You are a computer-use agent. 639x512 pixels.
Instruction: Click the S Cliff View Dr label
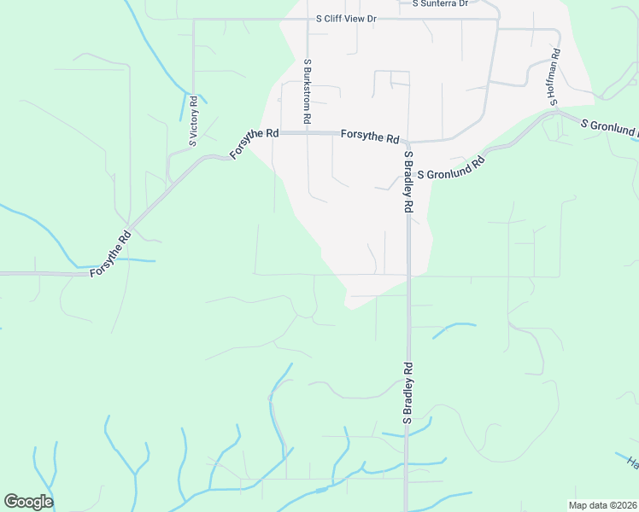click(x=346, y=18)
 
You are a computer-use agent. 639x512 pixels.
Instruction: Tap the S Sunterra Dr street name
click(x=440, y=3)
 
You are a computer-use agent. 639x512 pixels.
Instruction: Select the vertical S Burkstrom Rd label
click(x=307, y=90)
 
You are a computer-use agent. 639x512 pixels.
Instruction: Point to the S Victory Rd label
click(x=194, y=122)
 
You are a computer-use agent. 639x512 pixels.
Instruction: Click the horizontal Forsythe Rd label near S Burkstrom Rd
click(x=370, y=137)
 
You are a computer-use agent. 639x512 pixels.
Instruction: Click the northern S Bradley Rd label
click(x=409, y=181)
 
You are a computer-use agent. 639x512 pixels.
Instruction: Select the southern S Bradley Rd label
click(x=408, y=393)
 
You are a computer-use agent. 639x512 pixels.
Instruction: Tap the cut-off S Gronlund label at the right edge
click(x=609, y=128)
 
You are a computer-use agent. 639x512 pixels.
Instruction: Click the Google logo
click(x=28, y=501)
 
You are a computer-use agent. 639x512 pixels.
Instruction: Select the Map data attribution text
click(x=602, y=505)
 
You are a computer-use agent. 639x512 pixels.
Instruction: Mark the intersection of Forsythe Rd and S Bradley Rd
click(x=408, y=142)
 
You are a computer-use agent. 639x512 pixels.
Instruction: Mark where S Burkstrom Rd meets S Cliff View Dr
click(x=307, y=19)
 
